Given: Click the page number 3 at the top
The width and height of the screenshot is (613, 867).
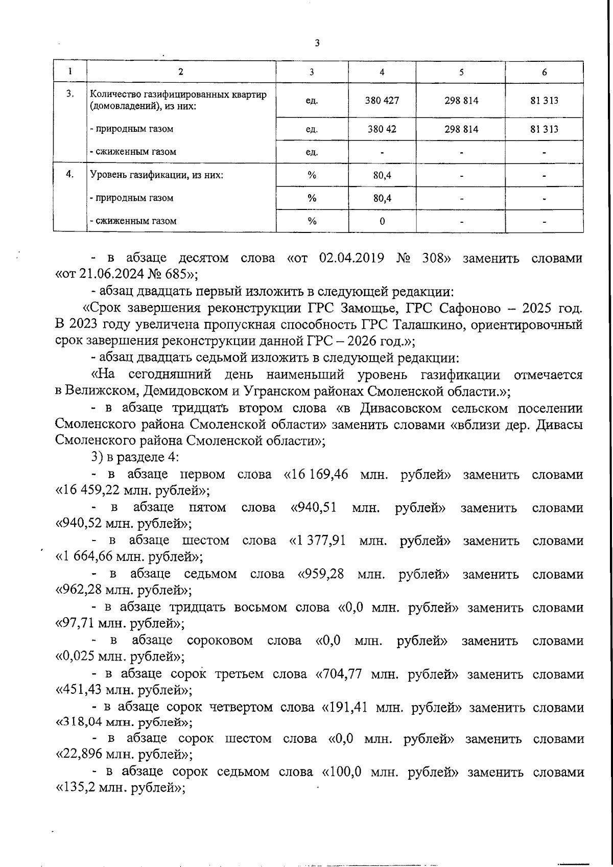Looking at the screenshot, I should (x=317, y=43).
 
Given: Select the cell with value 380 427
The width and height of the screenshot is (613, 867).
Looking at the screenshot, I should (x=382, y=101).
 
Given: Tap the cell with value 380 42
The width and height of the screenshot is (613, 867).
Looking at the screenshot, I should (x=382, y=129).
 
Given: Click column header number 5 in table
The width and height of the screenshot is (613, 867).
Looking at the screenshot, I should (x=461, y=72).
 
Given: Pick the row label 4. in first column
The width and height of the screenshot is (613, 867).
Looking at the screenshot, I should (x=70, y=174).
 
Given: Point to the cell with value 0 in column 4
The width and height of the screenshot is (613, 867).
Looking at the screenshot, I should (x=382, y=221).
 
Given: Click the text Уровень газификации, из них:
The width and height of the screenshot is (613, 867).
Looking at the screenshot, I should (x=157, y=175).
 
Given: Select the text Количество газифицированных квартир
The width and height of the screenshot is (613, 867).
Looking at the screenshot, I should (x=178, y=95).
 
